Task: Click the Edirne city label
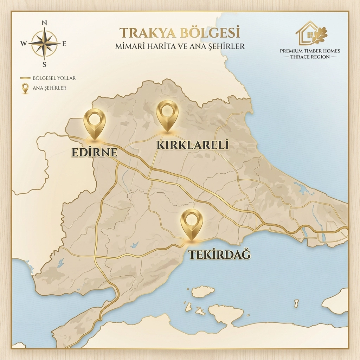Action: click(x=94, y=152)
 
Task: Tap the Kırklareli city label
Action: click(x=193, y=145)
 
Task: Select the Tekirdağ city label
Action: click(x=220, y=254)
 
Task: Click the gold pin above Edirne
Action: click(x=95, y=121)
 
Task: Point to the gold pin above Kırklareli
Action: click(x=167, y=113)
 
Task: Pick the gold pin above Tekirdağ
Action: click(x=192, y=222)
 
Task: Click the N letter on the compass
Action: click(x=44, y=23)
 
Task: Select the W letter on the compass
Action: click(x=23, y=44)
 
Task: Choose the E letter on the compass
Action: click(x=64, y=44)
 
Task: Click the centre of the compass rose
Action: click(x=44, y=44)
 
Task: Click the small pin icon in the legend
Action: click(x=25, y=88)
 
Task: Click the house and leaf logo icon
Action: click(x=311, y=33)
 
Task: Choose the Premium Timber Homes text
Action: click(x=310, y=51)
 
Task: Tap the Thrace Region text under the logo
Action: click(x=310, y=57)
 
